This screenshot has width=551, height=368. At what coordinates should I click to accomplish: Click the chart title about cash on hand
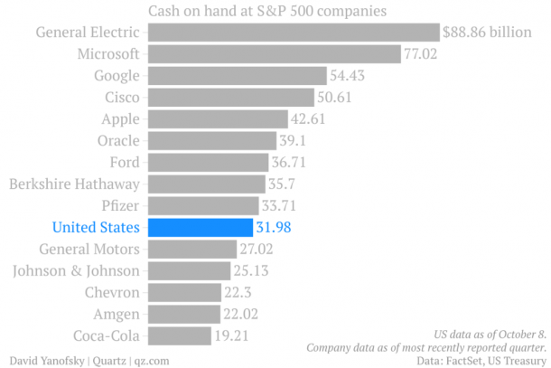click(x=267, y=12)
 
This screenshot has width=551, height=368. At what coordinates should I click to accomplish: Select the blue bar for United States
click(x=200, y=227)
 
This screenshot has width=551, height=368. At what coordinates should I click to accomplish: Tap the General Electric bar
click(x=293, y=33)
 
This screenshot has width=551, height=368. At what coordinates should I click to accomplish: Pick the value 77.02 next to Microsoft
click(x=420, y=54)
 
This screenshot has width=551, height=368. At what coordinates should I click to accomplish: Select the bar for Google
click(x=237, y=76)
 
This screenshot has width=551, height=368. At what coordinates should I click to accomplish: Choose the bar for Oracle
click(x=211, y=140)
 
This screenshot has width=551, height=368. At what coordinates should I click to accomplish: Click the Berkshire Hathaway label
click(x=75, y=184)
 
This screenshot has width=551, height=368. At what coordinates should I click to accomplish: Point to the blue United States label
click(x=97, y=227)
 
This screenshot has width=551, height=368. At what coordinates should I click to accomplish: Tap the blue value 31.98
click(x=273, y=227)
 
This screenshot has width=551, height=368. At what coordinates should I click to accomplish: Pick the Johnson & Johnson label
click(x=76, y=270)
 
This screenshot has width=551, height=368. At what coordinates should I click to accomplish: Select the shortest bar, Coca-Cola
click(x=180, y=335)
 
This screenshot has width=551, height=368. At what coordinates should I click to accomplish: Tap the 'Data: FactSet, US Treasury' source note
click(x=481, y=360)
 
